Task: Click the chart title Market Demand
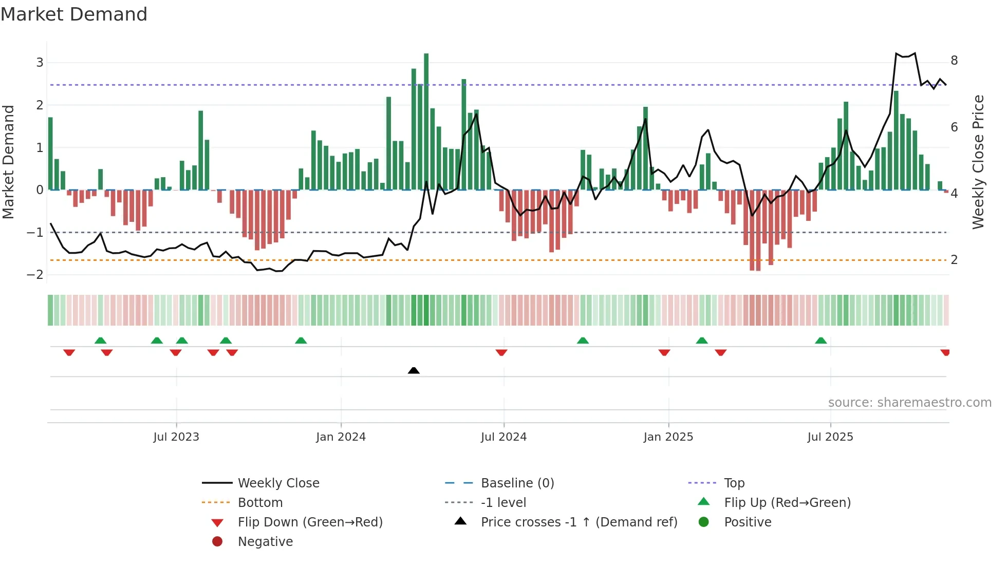click(x=74, y=14)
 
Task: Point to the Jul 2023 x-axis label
click(x=176, y=437)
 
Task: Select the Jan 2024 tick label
click(x=341, y=437)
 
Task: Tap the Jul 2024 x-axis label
click(x=503, y=437)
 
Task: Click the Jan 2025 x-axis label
click(x=668, y=437)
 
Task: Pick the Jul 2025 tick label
click(x=830, y=437)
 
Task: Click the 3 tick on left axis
click(x=40, y=63)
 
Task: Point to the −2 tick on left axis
click(x=35, y=275)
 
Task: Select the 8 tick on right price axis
click(x=954, y=61)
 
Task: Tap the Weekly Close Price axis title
click(x=978, y=162)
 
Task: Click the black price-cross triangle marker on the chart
click(x=414, y=370)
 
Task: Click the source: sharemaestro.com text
click(x=909, y=402)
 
